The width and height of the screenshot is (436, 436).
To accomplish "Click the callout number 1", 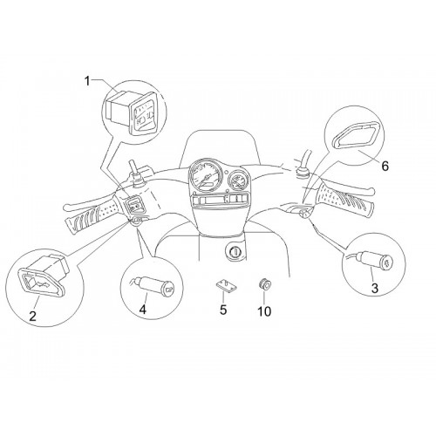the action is pos(87,81).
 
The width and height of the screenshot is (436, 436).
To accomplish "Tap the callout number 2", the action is pos(32,315).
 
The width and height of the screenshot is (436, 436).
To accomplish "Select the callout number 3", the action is pos(375,288).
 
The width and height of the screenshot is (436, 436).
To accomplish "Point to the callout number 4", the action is pos(143,309).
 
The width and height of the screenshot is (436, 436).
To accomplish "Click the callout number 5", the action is pos(223,310).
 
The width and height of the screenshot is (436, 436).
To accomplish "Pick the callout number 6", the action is pos(385,166).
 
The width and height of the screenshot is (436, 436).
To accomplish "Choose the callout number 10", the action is pos(264,311).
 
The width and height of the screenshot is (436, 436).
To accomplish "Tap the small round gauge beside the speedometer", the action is pos(238,181).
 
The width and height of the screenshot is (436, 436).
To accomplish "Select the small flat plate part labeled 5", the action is pos(226,285).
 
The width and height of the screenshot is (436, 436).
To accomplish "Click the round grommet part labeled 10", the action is pos(264,283).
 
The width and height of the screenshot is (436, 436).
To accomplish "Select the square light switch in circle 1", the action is pos(131,112).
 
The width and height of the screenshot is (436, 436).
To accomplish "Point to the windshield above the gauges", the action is pos(221,146).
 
